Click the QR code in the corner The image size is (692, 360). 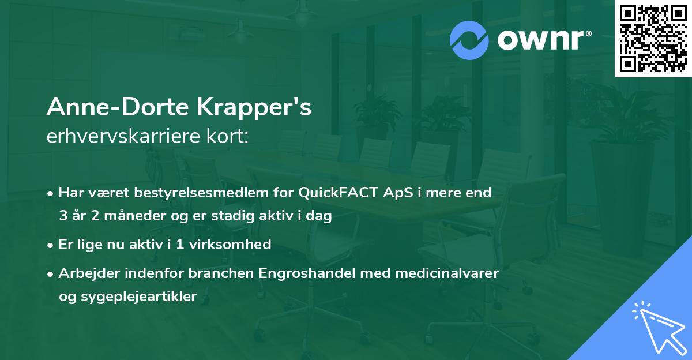(653, 38)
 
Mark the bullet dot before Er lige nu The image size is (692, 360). (51, 245)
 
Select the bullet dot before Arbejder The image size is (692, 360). (51, 273)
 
